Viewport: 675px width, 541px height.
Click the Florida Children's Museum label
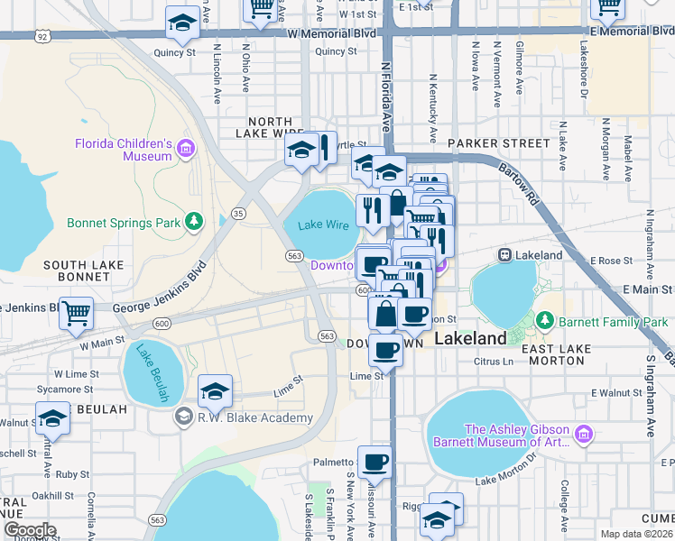[x=123, y=150]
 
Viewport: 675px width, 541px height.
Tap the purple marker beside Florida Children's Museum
[x=187, y=148]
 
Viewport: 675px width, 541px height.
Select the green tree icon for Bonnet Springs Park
[x=192, y=221]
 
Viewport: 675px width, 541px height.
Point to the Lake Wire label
[x=323, y=225]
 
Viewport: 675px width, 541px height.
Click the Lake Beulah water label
[x=152, y=372]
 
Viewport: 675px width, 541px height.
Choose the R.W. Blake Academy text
[x=255, y=417]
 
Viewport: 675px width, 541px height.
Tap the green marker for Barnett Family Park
[x=544, y=321]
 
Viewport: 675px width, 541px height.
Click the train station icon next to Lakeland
[x=504, y=255]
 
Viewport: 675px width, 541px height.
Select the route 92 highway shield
[x=42, y=35]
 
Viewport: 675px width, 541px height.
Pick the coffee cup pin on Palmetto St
[x=375, y=462]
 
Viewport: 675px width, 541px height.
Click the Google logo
[x=29, y=530]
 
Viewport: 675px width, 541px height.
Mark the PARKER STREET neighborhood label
[x=498, y=143]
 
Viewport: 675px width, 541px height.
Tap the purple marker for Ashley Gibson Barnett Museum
[x=583, y=436]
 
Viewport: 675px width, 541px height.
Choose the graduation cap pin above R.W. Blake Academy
[x=215, y=390]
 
